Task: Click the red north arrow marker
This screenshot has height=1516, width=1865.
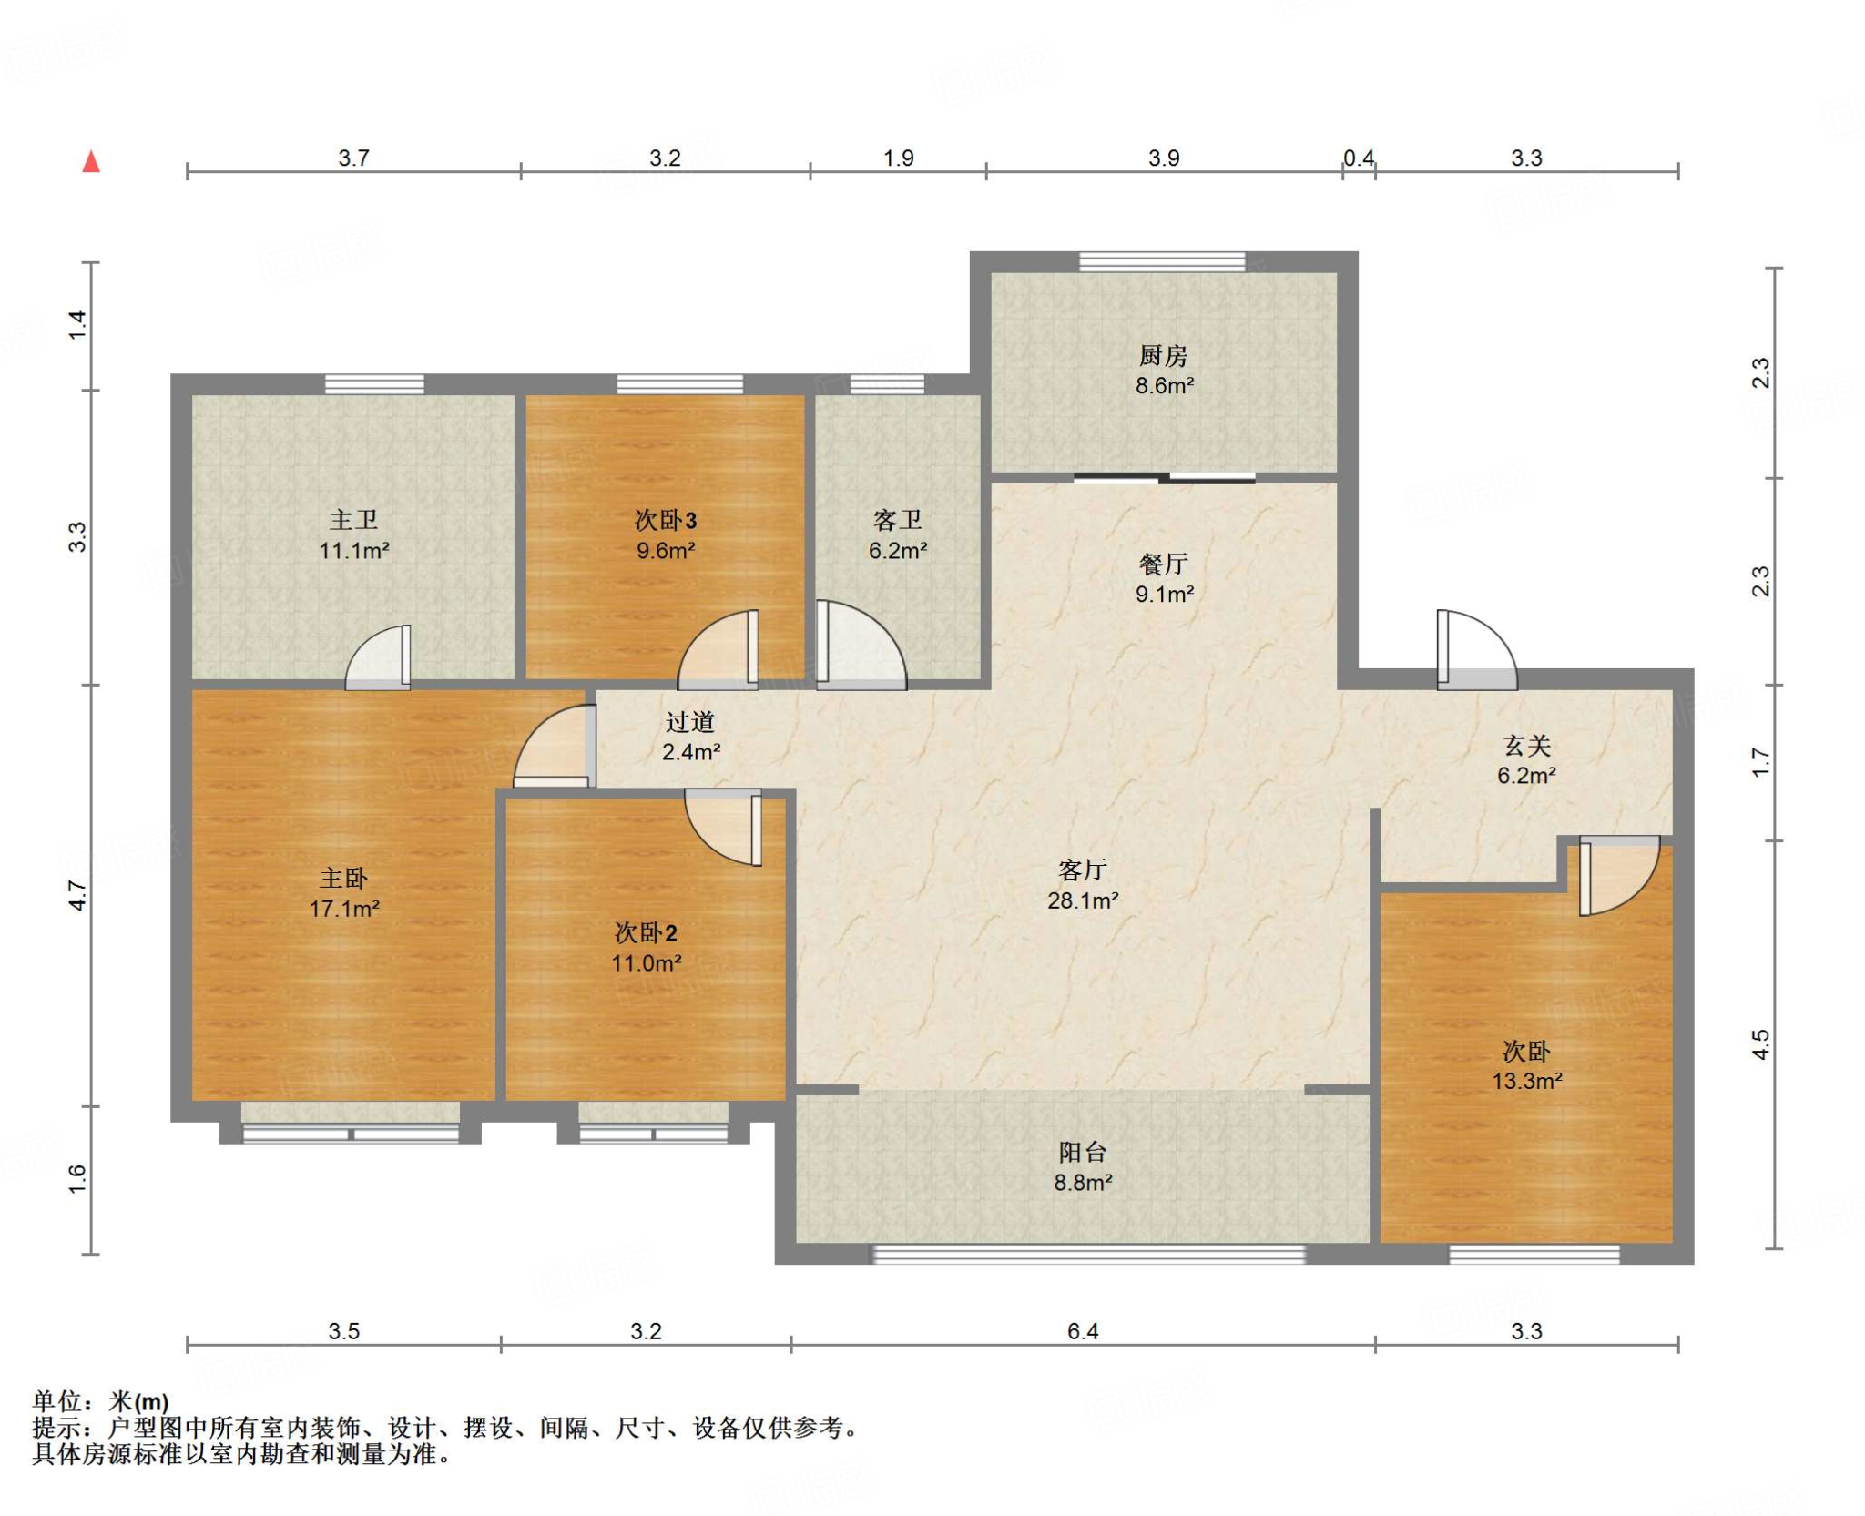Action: (91, 161)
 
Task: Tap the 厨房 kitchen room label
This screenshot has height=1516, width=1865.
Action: (1163, 355)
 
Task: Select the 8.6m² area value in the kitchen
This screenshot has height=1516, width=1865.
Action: (1164, 385)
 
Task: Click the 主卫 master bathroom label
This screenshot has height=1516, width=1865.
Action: (353, 520)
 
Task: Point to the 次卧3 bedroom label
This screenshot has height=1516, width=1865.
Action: (666, 520)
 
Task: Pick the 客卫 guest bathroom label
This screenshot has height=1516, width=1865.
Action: (898, 520)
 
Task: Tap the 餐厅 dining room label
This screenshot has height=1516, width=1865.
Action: (1163, 564)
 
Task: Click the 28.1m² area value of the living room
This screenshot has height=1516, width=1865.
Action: (1082, 900)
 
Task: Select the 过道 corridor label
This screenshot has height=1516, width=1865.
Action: (689, 722)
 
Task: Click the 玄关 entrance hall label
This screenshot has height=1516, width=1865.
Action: (1526, 746)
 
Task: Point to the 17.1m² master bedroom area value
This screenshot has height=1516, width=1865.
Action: (344, 908)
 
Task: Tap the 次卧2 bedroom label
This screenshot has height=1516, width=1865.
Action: (646, 932)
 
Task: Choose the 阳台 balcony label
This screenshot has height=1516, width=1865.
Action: (1082, 1152)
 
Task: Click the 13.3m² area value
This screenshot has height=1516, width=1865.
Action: (1526, 1081)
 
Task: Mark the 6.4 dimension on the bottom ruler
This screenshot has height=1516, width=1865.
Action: (1083, 1331)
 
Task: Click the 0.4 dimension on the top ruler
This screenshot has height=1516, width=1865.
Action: (1359, 158)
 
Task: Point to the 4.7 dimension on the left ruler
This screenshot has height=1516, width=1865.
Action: (78, 895)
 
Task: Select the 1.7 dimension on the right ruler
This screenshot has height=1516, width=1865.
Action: (1761, 762)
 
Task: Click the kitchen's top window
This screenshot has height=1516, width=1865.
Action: (1162, 261)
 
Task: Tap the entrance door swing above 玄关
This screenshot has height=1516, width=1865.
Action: (1476, 648)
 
